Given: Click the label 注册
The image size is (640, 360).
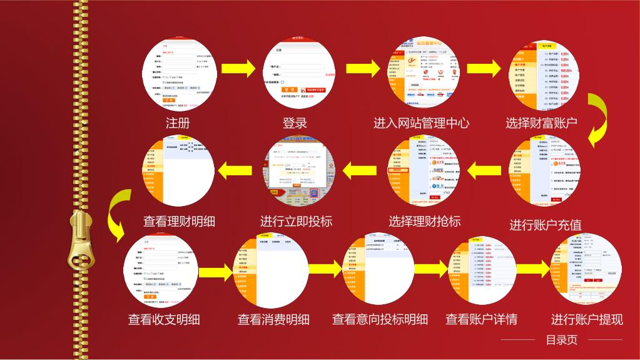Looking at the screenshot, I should [x=178, y=123].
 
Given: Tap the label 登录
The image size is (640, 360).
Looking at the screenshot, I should [x=295, y=123].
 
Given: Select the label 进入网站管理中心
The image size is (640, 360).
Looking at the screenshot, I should [x=421, y=123].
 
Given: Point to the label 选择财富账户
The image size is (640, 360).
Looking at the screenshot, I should [x=541, y=123].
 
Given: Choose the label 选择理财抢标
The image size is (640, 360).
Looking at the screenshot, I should [x=425, y=221].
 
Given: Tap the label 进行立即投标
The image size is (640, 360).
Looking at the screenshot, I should [x=296, y=221].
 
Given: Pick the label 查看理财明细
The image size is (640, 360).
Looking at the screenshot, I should [x=179, y=221].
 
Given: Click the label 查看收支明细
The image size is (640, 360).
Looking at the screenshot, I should [x=164, y=319].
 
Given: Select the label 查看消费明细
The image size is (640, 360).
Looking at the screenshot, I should [x=273, y=319].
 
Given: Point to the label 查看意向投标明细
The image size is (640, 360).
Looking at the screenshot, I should [x=380, y=319].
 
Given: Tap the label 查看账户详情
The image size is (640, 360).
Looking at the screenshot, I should [x=481, y=319].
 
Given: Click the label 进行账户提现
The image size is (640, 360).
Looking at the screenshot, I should [x=587, y=319].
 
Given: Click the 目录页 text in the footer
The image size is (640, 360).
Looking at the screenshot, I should [x=562, y=341].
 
